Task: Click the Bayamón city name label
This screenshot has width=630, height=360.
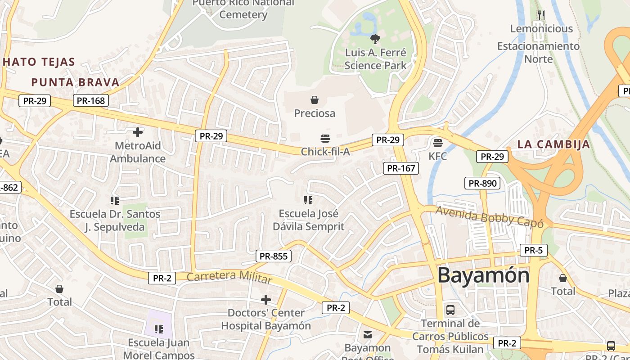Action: pyautogui.click(x=483, y=275)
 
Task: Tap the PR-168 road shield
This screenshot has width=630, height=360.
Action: pyautogui.click(x=91, y=101)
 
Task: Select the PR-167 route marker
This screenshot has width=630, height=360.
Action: pyautogui.click(x=401, y=168)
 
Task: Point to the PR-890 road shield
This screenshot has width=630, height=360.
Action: pyautogui.click(x=482, y=183)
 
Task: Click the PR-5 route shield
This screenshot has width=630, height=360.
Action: pyautogui.click(x=533, y=250)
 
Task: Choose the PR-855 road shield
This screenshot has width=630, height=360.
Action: pyautogui.click(x=274, y=256)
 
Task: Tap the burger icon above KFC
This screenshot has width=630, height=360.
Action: pyautogui.click(x=437, y=143)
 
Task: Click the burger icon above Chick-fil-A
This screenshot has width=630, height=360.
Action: pyautogui.click(x=325, y=138)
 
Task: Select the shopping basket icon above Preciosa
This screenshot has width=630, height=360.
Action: pyautogui.click(x=315, y=99)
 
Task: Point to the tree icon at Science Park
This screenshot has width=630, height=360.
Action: pyautogui.click(x=375, y=39)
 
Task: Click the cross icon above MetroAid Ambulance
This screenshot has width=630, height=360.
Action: pyautogui.click(x=138, y=132)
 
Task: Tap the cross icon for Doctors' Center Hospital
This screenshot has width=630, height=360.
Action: pyautogui.click(x=266, y=299)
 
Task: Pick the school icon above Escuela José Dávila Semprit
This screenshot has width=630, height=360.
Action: pyautogui.click(x=308, y=200)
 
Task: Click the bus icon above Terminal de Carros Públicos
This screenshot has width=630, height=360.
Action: pyautogui.click(x=450, y=310)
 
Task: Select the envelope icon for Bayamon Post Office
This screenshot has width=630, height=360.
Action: pyautogui.click(x=368, y=334)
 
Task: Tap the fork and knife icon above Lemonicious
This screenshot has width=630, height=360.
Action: pyautogui.click(x=541, y=15)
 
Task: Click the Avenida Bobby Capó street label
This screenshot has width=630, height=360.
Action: pyautogui.click(x=489, y=216)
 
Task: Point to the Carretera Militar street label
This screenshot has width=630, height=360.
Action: pyautogui.click(x=229, y=277)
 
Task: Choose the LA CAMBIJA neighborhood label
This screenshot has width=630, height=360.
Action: pyautogui.click(x=553, y=144)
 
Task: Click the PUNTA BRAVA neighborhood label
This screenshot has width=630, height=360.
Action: pyautogui.click(x=75, y=82)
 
